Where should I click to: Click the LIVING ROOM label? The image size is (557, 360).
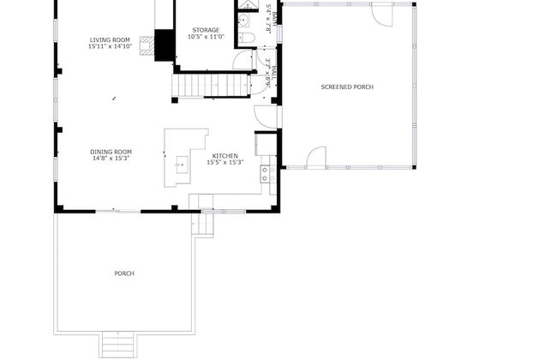110,39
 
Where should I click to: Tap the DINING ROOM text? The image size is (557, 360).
111,152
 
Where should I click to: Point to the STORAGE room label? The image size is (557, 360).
204,30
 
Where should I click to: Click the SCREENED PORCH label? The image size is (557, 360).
347,87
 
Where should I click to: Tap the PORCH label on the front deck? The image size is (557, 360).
124,273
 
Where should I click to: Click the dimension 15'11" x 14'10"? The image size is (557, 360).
110,46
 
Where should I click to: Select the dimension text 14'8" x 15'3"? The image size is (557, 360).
111,159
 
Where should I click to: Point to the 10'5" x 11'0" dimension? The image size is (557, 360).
204,37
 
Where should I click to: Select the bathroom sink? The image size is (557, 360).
243,17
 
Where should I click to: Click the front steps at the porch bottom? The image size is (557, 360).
118,345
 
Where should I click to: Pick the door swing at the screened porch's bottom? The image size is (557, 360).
314,158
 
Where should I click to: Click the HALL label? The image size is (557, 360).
268,68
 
